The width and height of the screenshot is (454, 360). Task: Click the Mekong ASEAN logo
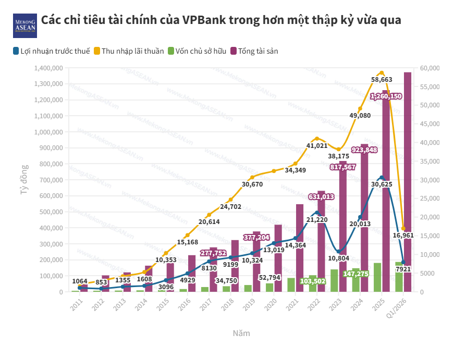pyautogui.click(x=24, y=25)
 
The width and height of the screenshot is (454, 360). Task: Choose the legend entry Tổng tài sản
pyautogui.click(x=258, y=51)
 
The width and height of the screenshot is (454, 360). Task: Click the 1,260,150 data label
pyautogui.click(x=386, y=96)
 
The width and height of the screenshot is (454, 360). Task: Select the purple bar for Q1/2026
pyautogui.click(x=408, y=182)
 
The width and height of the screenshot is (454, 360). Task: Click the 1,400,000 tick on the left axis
pyautogui.click(x=48, y=68)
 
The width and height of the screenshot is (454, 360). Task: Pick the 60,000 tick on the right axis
pyautogui.click(x=430, y=68)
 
